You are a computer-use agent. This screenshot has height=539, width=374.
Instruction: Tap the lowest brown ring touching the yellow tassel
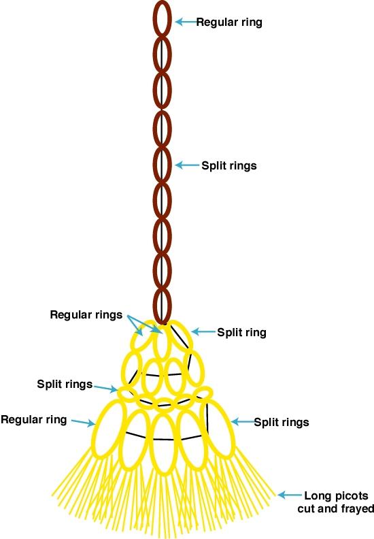tap(154, 306)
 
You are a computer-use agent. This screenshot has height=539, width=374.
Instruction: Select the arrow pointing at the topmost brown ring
tap(187, 22)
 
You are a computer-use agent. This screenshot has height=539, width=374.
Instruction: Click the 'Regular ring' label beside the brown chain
tap(229, 22)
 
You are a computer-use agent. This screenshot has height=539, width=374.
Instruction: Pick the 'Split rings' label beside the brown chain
tap(229, 165)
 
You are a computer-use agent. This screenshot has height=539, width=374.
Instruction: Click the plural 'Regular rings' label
tap(86, 315)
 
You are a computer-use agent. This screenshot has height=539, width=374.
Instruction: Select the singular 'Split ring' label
tap(242, 332)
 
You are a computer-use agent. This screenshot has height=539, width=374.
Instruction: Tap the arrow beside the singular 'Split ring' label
tap(203, 331)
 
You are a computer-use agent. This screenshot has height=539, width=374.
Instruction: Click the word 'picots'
tap(351, 495)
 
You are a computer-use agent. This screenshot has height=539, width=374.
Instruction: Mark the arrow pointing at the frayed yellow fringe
tap(290, 495)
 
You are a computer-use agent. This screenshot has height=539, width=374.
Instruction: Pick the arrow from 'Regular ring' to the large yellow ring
tap(83, 423)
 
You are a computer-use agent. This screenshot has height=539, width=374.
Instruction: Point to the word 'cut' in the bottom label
tap(307, 508)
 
